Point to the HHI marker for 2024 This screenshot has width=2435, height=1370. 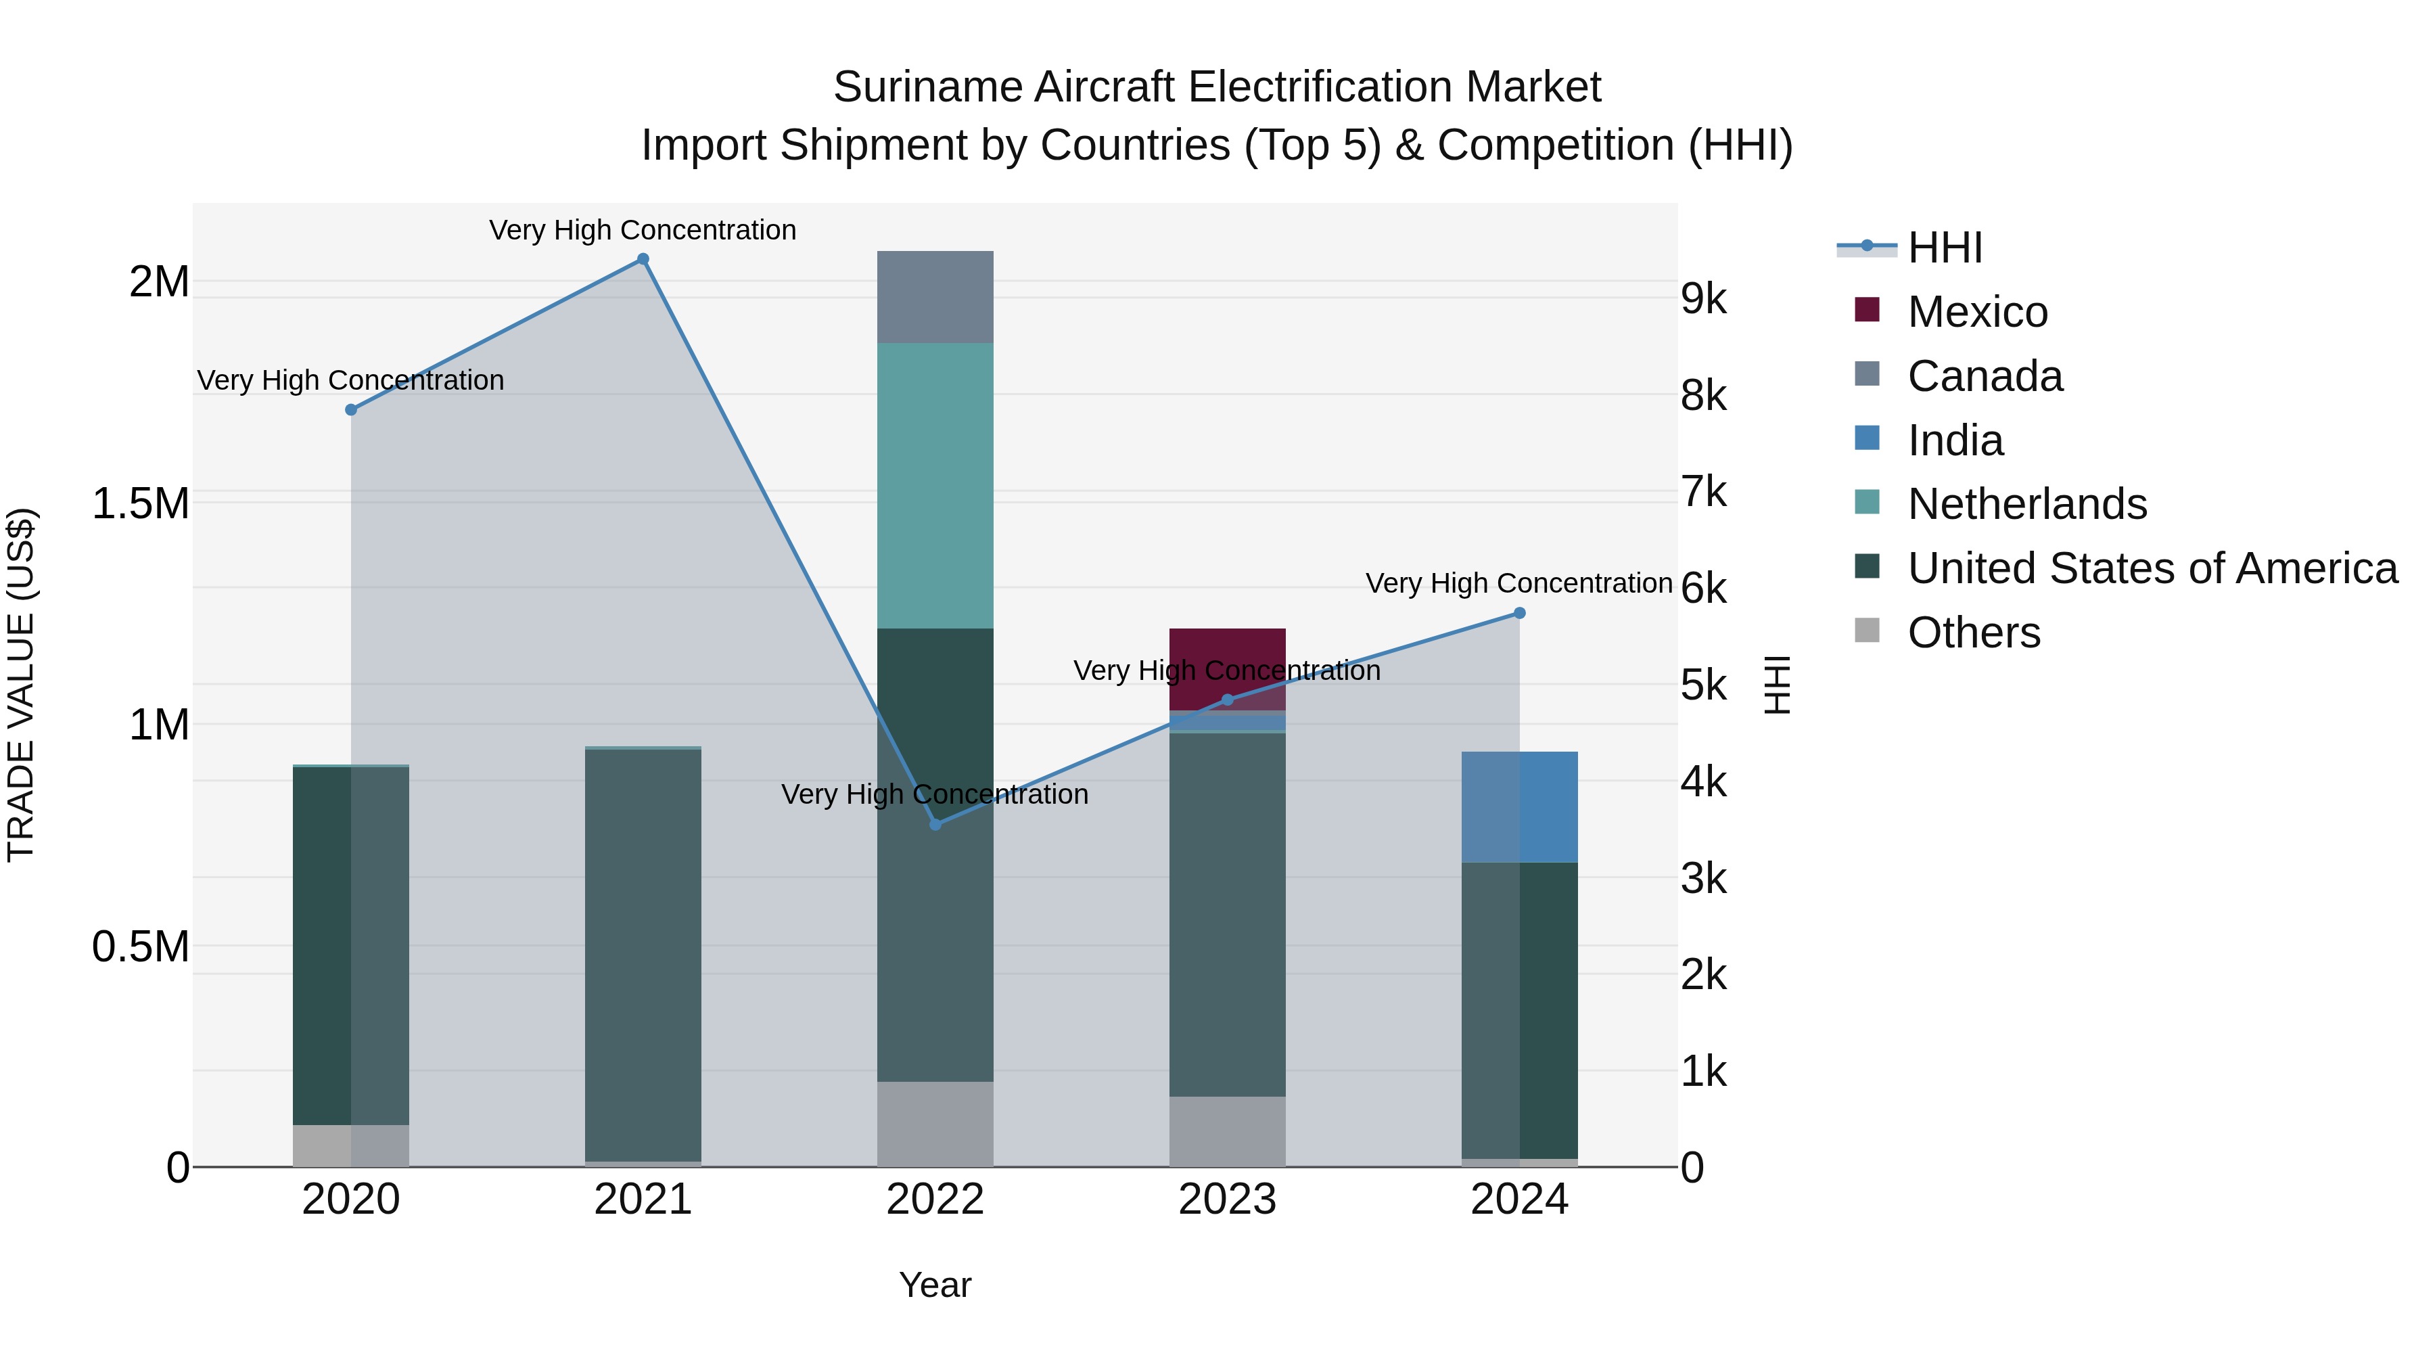(1519, 613)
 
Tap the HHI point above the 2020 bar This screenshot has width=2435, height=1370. (350, 409)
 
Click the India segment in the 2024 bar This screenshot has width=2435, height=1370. (1519, 806)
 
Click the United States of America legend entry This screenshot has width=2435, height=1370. (2152, 568)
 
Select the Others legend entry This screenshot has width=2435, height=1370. (1973, 633)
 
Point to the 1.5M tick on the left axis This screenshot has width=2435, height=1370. (141, 503)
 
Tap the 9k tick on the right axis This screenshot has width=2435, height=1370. (1703, 299)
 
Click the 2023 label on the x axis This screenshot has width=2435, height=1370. (1227, 1200)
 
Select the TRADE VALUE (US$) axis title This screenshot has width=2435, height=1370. (21, 685)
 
